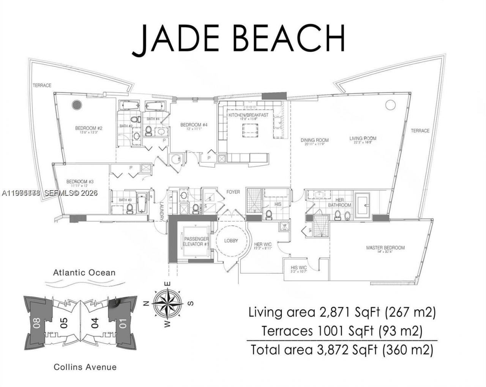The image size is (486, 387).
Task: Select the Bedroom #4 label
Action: click(x=194, y=125)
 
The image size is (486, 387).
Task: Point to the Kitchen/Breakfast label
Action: click(x=248, y=115)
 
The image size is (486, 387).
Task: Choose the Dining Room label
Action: click(x=314, y=140)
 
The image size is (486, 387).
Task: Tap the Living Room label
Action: click(x=363, y=138)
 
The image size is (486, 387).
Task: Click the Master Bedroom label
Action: click(x=385, y=248)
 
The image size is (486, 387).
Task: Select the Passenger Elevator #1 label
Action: click(x=196, y=242)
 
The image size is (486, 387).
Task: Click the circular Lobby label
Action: click(x=231, y=241)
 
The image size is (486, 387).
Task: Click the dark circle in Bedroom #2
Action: click(x=77, y=105)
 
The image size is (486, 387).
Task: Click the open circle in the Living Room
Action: click(x=390, y=104)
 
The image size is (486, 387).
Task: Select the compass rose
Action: click(x=167, y=304)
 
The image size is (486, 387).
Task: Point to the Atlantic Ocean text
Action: click(x=84, y=272)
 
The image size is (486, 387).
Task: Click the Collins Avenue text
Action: click(x=85, y=367)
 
